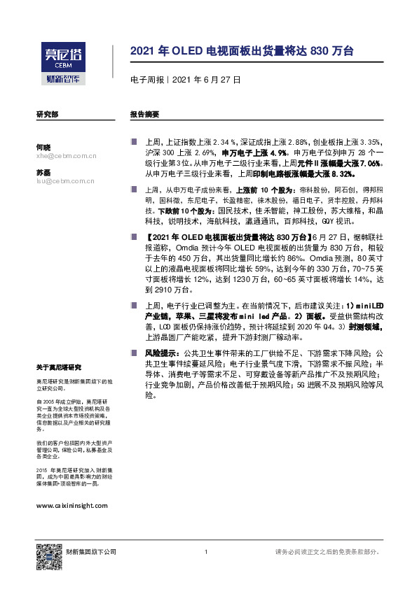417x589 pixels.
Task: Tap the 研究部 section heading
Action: [47, 113]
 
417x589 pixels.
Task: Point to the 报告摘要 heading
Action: [144, 113]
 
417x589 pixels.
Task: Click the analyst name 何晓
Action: [43, 148]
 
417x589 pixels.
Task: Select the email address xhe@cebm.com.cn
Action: [66, 157]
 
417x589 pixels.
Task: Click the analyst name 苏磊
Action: [43, 172]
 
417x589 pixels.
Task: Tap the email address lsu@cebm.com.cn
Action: [66, 181]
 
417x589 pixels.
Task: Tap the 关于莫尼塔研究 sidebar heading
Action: [59, 367]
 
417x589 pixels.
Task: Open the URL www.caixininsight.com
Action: [71, 504]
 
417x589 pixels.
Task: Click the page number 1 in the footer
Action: [205, 552]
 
